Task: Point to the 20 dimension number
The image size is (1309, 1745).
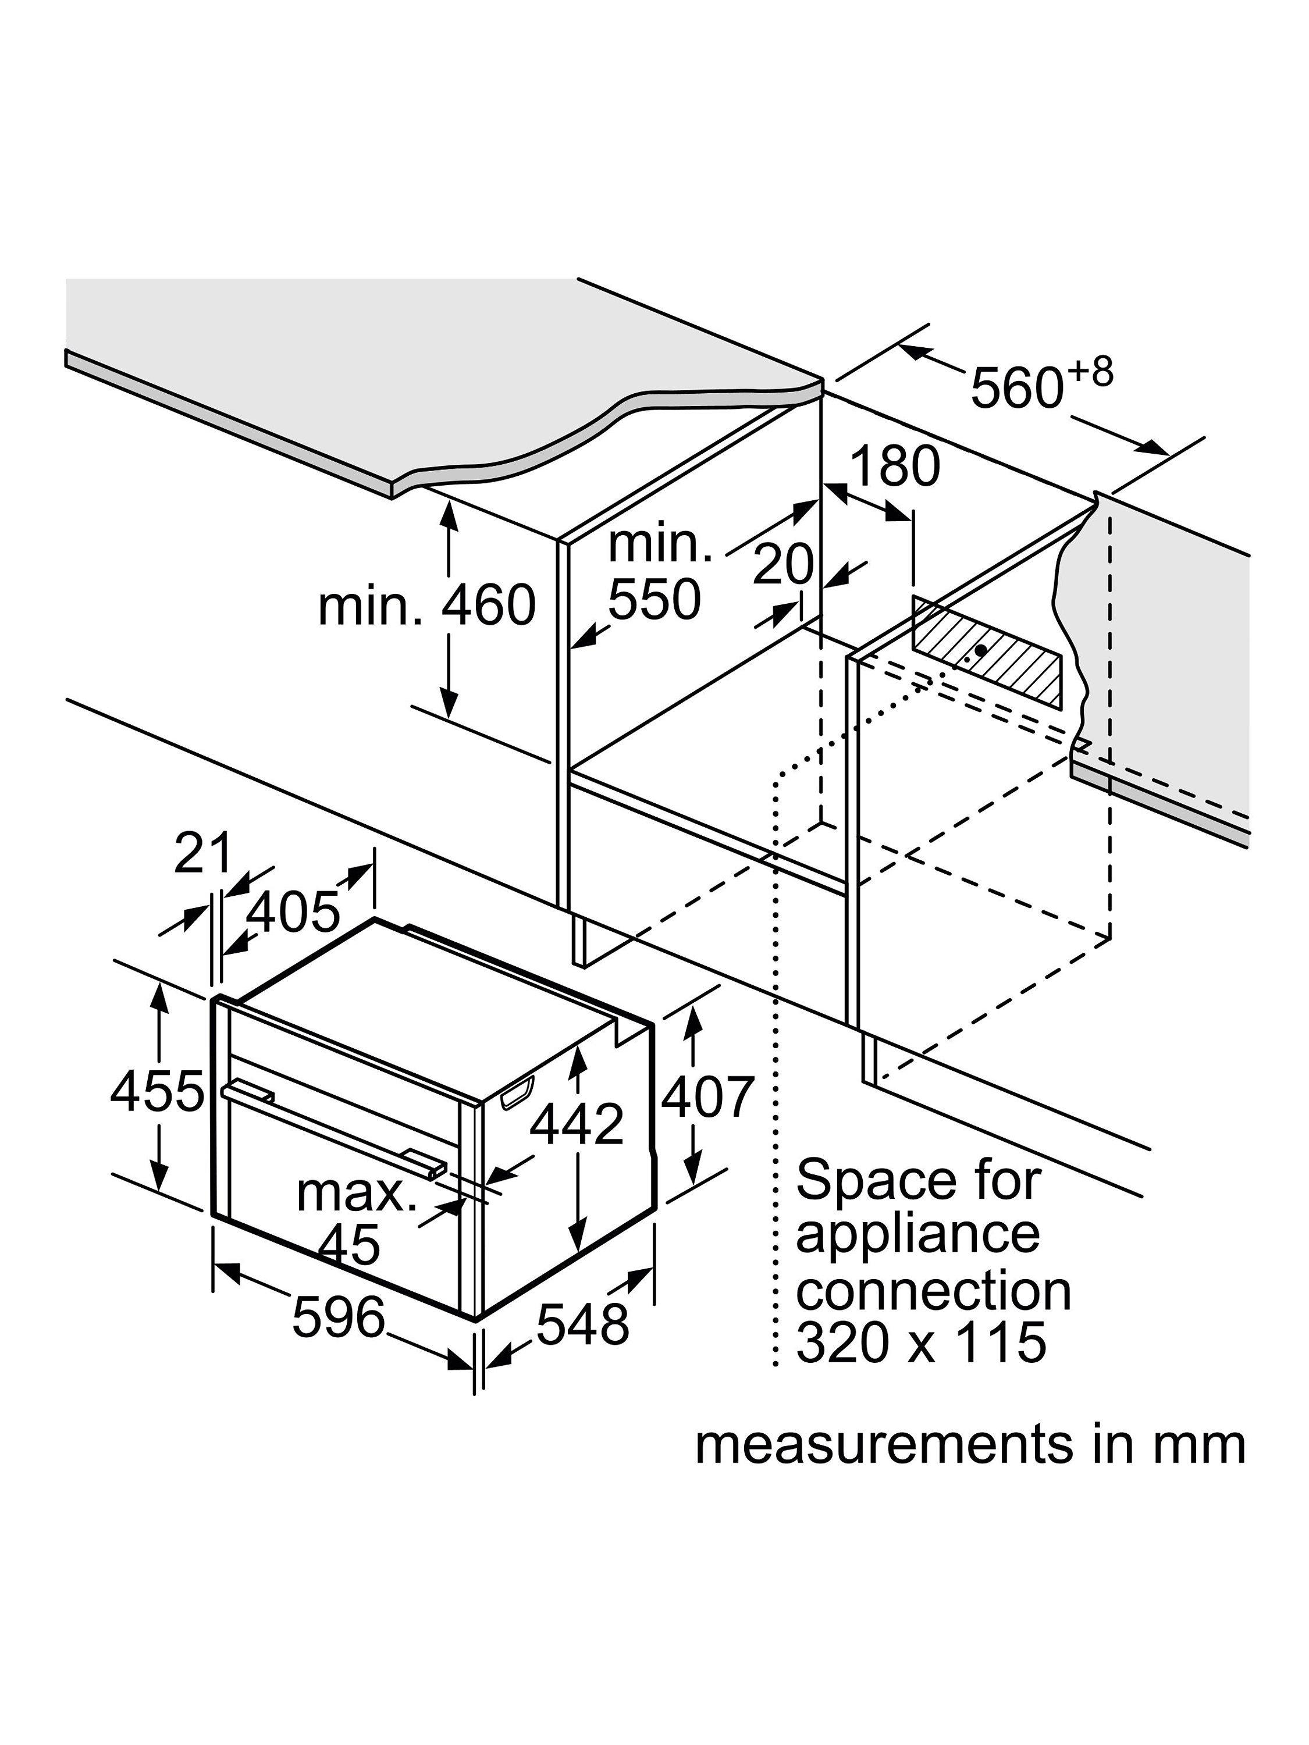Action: point(782,564)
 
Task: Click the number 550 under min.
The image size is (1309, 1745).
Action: point(654,600)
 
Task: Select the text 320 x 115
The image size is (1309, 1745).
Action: point(921,1342)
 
